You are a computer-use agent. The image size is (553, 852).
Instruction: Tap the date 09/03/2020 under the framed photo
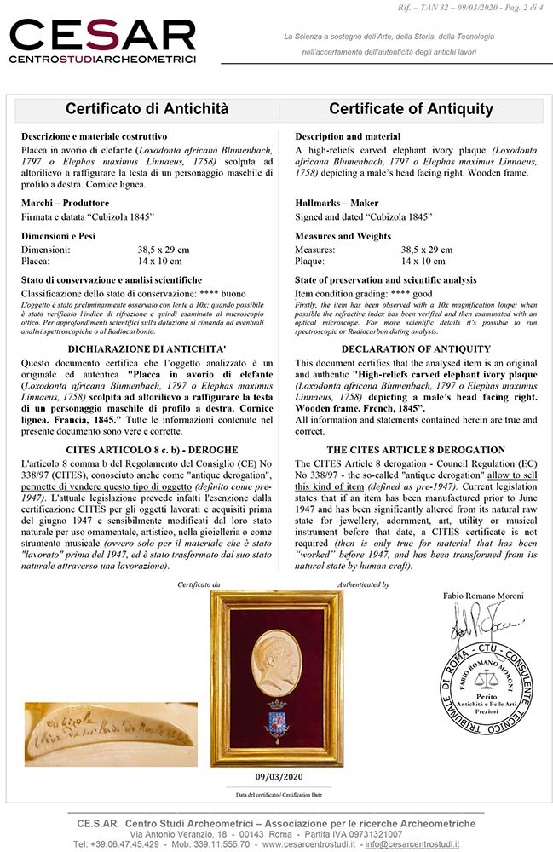click(x=278, y=776)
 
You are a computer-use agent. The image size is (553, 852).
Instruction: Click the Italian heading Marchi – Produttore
click(x=65, y=203)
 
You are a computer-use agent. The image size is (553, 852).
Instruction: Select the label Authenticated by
click(x=364, y=584)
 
